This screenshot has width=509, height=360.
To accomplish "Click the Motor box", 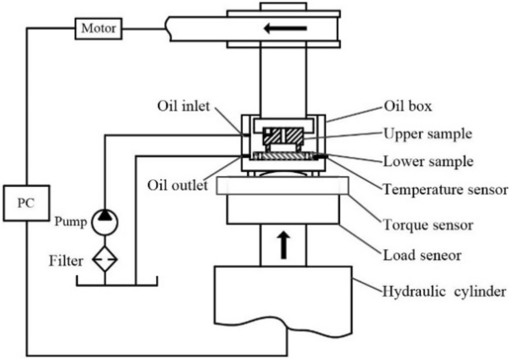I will pos(98,27).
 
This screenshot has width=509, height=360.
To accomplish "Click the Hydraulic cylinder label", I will pos(443,291).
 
